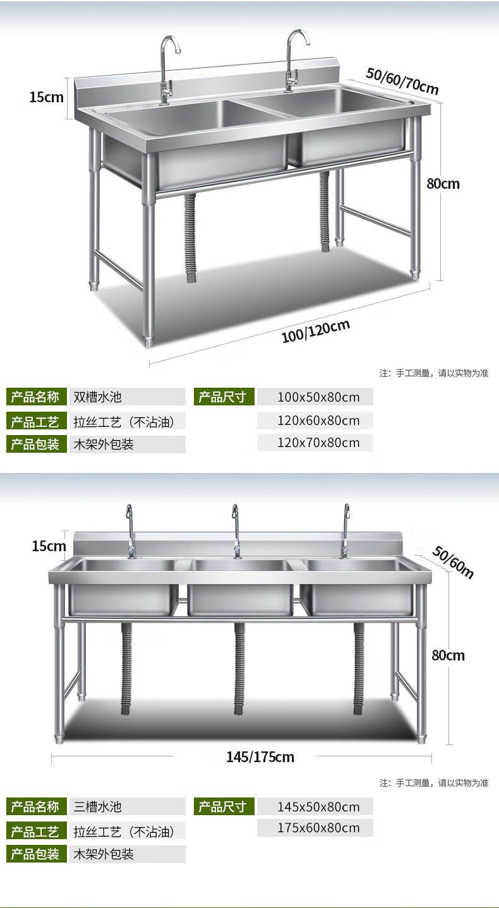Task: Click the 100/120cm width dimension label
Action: tap(315, 331)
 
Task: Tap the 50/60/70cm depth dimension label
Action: tap(402, 81)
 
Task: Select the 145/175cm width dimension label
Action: tap(260, 756)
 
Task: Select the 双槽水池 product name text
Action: tap(98, 397)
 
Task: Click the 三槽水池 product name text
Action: tap(98, 806)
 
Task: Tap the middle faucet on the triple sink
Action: tap(236, 530)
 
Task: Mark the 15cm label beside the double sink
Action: tap(46, 97)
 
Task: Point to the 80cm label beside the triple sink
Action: tap(448, 655)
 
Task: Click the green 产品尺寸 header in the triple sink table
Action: tap(224, 806)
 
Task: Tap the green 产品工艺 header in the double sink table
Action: tap(36, 421)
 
